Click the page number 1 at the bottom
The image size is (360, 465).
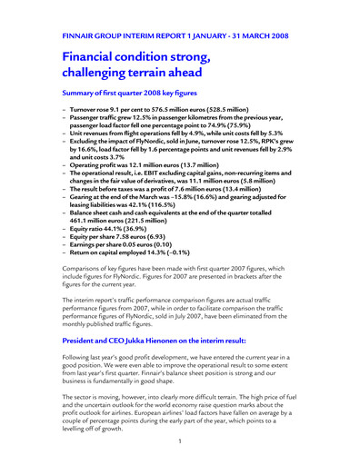pos(180,440)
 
